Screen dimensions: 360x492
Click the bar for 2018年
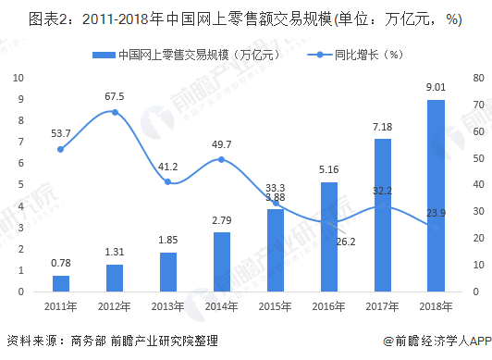pos(435,195)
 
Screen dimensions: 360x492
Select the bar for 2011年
pos(60,283)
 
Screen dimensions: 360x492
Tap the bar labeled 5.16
pos(327,236)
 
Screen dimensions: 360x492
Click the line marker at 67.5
pos(114,112)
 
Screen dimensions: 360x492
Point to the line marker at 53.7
pos(60,149)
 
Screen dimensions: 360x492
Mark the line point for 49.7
pos(221,159)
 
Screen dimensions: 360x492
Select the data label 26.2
pos(345,242)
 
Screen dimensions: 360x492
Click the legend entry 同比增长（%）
pos(340,56)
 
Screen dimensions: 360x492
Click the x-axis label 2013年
pos(167,306)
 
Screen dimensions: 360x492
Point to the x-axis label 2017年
pos(382,306)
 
